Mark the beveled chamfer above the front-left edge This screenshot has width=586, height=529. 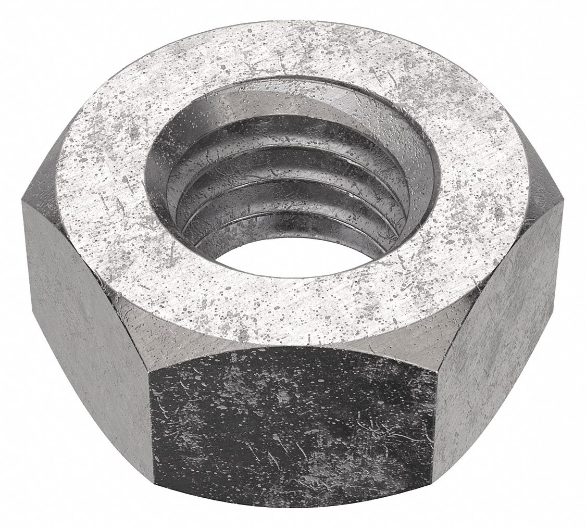click(125, 338)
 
